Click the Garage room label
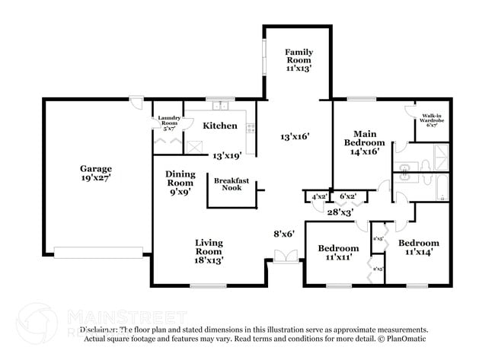point(96,173)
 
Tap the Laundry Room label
point(168,122)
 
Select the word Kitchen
point(219,126)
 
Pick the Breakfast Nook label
point(227,183)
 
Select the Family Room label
point(299,59)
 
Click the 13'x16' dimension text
point(295,137)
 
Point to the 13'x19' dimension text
point(227,155)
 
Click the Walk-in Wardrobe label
point(433,120)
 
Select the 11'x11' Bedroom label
point(338,253)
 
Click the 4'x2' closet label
point(318,197)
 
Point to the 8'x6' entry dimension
point(284,234)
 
